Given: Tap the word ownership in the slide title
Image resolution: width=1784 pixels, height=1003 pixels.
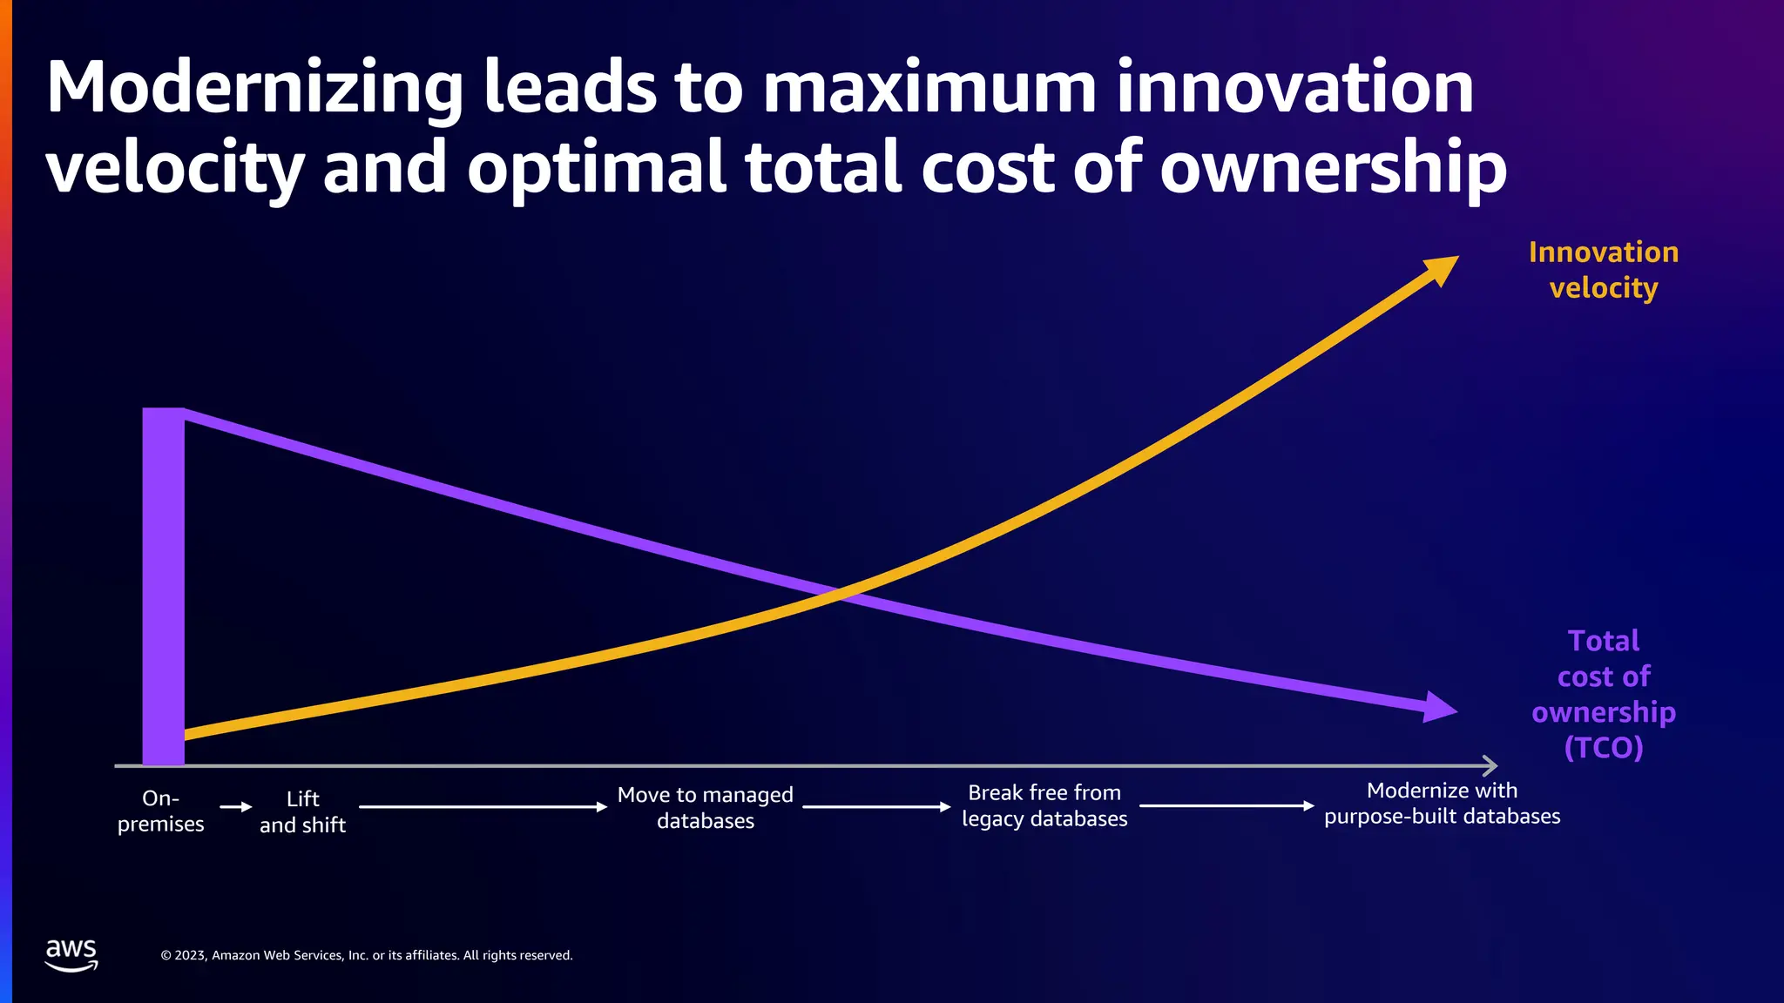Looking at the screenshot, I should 1333,167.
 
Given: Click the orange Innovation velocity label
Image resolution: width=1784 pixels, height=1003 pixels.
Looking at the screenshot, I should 1603,270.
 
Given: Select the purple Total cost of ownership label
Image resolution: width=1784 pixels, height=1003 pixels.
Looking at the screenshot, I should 1603,694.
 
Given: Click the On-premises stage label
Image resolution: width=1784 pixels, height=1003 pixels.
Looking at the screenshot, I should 161,811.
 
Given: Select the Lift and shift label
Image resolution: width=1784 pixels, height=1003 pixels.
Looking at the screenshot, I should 302,811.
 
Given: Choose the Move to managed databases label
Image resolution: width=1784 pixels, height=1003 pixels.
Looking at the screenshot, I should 705,807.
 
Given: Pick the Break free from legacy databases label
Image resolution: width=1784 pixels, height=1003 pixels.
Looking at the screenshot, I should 1044,805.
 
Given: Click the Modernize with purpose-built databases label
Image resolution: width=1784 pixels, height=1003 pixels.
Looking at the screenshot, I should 1442,803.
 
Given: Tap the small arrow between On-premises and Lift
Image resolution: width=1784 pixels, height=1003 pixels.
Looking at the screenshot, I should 235,807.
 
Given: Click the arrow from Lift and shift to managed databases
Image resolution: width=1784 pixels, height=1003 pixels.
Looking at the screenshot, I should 483,807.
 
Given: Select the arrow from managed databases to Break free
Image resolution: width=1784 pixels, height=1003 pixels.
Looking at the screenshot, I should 875,807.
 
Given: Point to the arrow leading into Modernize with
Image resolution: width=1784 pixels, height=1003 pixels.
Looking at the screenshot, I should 1226,805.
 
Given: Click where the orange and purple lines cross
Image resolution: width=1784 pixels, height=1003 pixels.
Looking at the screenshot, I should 838,595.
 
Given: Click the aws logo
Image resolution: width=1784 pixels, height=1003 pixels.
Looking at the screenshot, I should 71,954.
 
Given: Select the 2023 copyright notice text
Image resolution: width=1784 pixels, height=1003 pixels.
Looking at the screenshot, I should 367,955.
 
